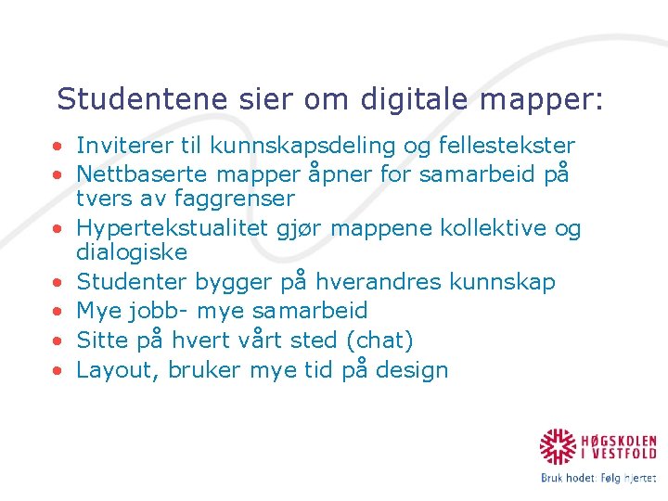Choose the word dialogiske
tap(132, 252)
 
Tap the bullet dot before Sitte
tap(58, 340)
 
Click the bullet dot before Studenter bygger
tap(58, 282)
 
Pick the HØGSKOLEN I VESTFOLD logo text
tap(620, 447)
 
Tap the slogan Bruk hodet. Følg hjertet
tap(598, 479)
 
